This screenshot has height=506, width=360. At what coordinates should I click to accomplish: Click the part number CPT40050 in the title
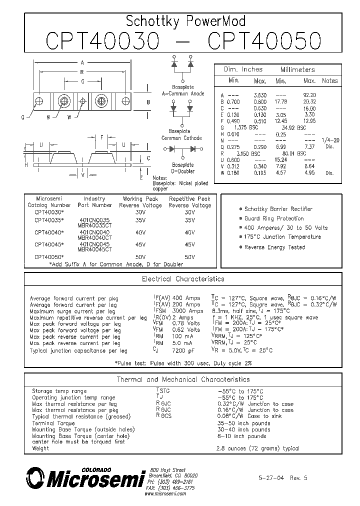pos(264,40)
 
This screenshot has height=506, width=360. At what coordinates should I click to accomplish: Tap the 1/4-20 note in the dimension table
pos(329,140)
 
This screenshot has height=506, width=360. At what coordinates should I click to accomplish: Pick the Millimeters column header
pos(297,69)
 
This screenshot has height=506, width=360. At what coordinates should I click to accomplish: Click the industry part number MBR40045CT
pos(94,248)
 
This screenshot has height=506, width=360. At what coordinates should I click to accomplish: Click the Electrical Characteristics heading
pos(183,279)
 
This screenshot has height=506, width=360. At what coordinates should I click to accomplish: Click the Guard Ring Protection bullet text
pos(274,218)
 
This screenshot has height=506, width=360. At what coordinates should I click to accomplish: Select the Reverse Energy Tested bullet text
pos(274,247)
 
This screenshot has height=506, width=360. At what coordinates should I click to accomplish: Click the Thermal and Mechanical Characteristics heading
pos(183,379)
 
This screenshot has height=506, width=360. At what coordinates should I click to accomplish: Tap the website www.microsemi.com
pos(165,493)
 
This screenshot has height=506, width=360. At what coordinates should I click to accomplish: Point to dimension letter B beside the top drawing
pos(148,102)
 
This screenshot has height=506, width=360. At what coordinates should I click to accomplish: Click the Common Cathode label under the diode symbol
pos(181,138)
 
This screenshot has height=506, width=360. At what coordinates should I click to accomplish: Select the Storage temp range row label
pos(59,391)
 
